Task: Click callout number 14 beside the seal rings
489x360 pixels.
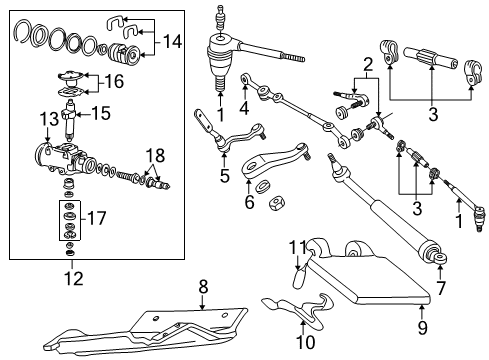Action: pos(174,42)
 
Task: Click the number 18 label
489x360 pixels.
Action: pos(153,156)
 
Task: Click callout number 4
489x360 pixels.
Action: pos(244,107)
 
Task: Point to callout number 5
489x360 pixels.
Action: pos(224,176)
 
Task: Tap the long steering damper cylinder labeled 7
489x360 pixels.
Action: pos(385,225)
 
